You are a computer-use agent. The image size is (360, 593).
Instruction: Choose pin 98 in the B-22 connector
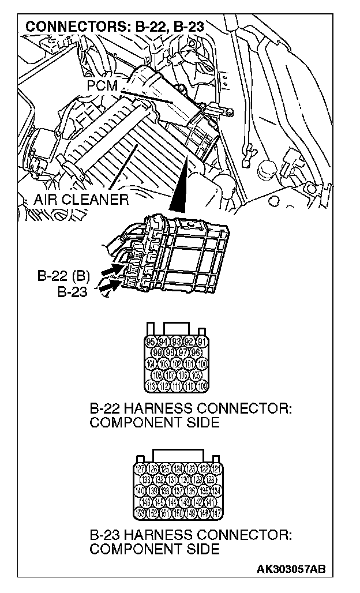tap(170, 352)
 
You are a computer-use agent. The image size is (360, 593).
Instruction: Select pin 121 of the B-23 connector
tap(217, 469)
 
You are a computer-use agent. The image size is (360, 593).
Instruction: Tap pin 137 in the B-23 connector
tap(179, 491)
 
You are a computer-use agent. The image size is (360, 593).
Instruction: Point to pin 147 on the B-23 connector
tap(217, 513)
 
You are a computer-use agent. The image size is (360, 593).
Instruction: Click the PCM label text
tap(102, 86)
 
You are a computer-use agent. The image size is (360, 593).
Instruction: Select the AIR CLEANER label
tap(80, 200)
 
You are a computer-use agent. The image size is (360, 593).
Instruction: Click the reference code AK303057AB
tap(291, 569)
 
